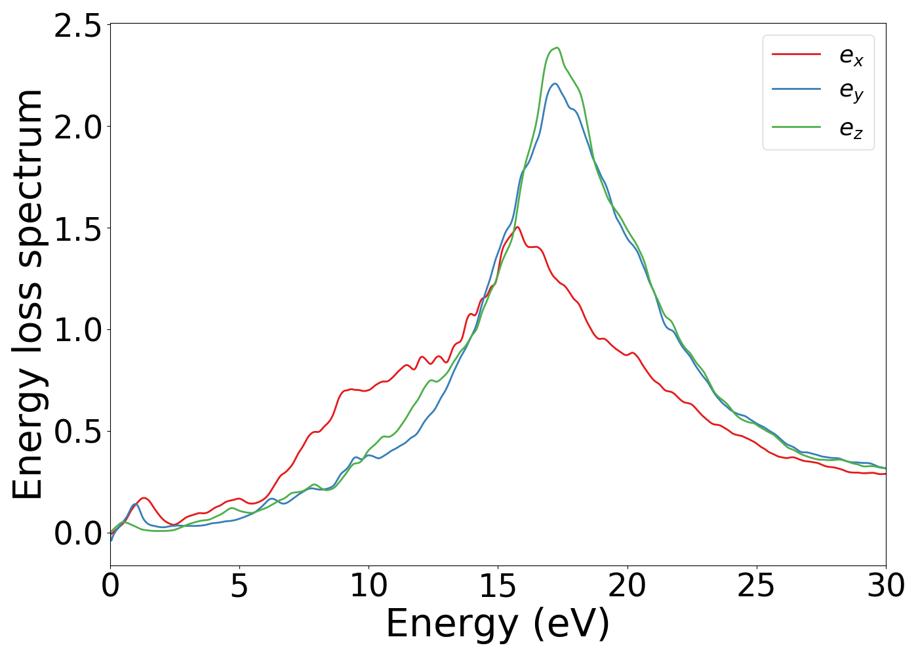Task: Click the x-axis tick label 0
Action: point(110,586)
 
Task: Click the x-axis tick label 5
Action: point(239,586)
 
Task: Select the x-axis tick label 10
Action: point(369,586)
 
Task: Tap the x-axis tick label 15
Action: point(498,586)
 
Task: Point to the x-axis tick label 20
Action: point(627,586)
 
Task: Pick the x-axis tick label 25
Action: point(756,586)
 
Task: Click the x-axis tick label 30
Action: point(885,586)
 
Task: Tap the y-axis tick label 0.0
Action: point(77,533)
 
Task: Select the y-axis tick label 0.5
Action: point(77,432)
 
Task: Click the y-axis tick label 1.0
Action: point(77,330)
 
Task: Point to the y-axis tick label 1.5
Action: point(77,228)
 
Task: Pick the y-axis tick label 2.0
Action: point(77,127)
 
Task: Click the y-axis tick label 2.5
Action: point(77,25)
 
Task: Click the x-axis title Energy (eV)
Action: point(498,624)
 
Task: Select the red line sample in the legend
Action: point(796,54)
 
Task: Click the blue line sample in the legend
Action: point(796,89)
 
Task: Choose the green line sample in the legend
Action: point(796,127)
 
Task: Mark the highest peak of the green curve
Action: point(557,48)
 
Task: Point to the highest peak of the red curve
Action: point(517,227)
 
